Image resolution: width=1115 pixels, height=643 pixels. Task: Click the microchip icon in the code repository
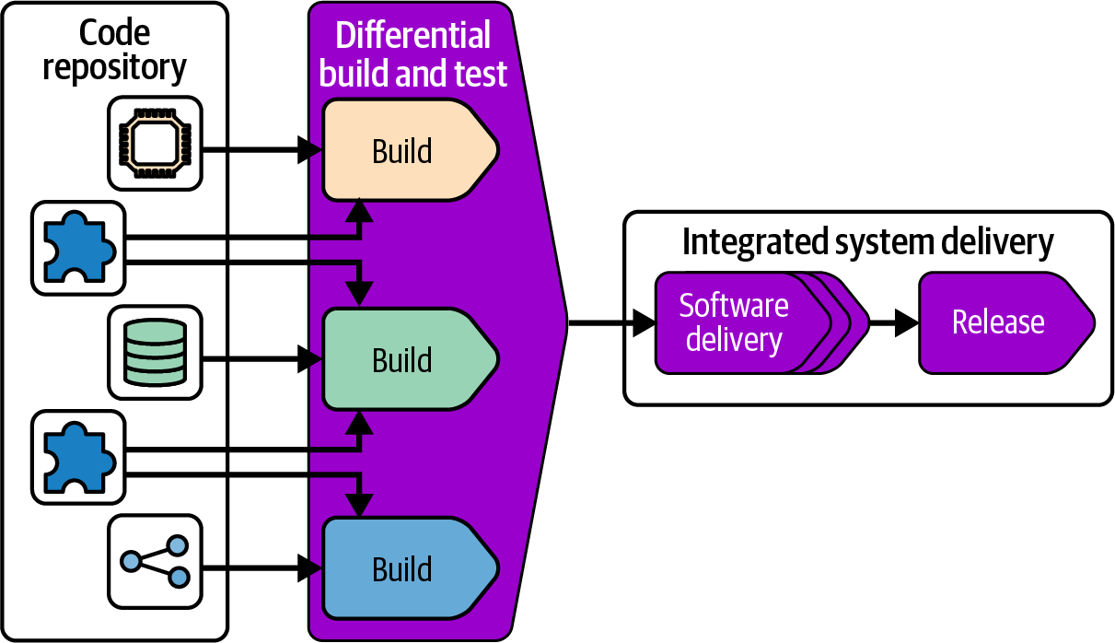pyautogui.click(x=155, y=142)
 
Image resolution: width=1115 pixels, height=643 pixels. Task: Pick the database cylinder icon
pyautogui.click(x=155, y=351)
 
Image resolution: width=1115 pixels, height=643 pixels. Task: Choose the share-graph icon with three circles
pyautogui.click(x=155, y=560)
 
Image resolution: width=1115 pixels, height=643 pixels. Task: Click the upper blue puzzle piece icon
pyautogui.click(x=77, y=248)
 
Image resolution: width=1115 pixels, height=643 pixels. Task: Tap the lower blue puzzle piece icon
pyautogui.click(x=77, y=457)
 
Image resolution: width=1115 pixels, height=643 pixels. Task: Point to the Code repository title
pyautogui.click(x=114, y=50)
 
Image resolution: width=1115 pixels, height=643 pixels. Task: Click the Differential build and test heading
pyautogui.click(x=412, y=53)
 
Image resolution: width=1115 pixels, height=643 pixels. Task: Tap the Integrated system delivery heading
pyautogui.click(x=867, y=241)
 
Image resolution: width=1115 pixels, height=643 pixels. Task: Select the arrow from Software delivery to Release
pyautogui.click(x=893, y=322)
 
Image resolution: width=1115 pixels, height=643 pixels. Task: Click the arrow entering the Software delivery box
pyautogui.click(x=611, y=322)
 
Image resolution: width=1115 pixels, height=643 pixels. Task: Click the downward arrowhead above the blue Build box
pyautogui.click(x=360, y=503)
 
